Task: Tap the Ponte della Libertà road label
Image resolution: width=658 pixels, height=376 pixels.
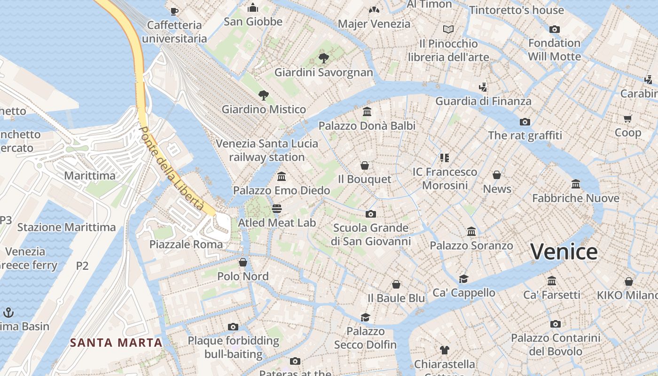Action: pos(172,168)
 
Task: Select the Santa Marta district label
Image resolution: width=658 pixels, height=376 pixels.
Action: pos(116,343)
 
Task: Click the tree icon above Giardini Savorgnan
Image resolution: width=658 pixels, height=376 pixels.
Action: pos(323,58)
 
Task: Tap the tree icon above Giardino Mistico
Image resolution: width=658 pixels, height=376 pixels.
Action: pos(264,95)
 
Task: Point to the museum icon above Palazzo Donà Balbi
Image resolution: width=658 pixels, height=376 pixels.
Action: pos(367,112)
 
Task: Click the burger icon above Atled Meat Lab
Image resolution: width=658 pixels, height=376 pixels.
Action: pos(277,208)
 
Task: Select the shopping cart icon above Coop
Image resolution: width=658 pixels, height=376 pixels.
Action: pos(628,118)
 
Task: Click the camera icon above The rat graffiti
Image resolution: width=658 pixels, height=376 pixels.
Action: pos(525,122)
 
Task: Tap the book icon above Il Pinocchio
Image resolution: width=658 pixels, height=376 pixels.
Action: pos(448,30)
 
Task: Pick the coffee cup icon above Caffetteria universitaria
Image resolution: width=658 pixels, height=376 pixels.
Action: pos(174,11)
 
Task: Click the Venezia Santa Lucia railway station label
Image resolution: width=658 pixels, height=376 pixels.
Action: pos(267,150)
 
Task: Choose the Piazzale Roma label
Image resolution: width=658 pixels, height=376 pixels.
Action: pos(186,244)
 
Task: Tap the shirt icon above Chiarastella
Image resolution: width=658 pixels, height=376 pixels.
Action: pos(445,350)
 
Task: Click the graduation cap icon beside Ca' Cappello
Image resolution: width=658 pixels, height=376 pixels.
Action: pos(464,279)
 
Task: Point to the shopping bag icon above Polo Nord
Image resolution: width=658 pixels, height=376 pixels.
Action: pos(243,262)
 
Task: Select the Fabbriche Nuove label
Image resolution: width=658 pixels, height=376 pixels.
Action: pos(576,198)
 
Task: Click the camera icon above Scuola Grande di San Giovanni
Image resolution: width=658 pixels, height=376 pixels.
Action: pos(371,214)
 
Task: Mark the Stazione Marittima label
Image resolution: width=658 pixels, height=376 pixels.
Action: pos(66,227)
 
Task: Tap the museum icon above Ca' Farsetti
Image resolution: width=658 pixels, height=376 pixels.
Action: pos(552,281)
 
